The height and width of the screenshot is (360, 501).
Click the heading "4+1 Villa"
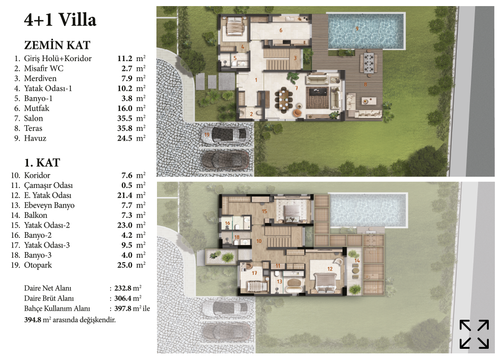[60, 20]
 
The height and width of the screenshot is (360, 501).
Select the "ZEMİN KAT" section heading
[57, 45]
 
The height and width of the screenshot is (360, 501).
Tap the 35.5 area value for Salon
[124, 119]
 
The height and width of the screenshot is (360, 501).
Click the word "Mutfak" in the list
[37, 108]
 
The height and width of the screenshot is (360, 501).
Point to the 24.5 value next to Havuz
[124, 138]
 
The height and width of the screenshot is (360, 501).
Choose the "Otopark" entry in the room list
[38, 265]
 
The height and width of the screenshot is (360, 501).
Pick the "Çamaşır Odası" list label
[48, 185]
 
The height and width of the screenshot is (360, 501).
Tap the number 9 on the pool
[357, 29]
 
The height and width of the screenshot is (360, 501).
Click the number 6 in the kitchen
[281, 31]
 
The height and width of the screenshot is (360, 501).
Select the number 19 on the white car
[207, 134]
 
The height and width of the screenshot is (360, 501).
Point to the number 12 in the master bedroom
[330, 269]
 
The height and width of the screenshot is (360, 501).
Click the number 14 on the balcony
[357, 260]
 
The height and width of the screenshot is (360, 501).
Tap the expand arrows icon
[474, 334]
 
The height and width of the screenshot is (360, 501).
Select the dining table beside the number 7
[283, 100]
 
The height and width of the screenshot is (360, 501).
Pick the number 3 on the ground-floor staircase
[295, 58]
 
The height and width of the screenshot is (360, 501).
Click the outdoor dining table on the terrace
[368, 62]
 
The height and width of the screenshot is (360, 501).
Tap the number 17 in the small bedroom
[254, 273]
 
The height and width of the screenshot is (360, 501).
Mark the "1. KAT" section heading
[42, 163]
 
